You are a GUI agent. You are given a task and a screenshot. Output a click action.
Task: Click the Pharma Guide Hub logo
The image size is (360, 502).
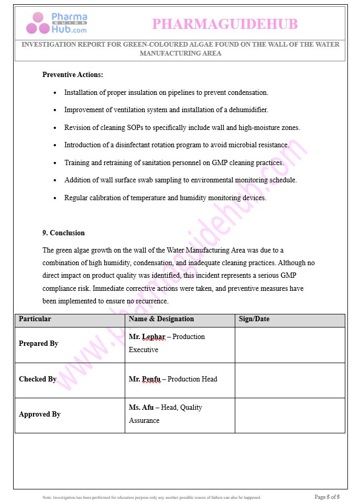pos(57,24)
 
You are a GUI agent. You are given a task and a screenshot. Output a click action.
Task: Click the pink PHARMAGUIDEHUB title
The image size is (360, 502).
pos(225,24)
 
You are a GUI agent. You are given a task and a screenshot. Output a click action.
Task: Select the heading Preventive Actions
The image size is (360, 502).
pos(72,75)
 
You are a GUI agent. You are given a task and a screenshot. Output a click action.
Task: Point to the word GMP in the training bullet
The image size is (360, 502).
pos(220,163)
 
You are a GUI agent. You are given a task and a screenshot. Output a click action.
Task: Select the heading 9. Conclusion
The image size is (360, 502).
pos(63,233)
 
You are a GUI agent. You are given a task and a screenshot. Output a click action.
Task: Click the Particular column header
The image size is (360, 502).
pos(35,319)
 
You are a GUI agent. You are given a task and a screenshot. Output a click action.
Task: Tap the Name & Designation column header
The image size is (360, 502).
pos(161,319)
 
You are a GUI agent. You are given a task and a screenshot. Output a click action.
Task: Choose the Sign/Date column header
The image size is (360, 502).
pos(254,319)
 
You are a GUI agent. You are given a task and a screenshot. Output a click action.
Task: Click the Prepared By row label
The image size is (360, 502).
pos(38,344)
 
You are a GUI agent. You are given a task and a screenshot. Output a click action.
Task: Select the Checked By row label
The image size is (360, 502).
pos(38,379)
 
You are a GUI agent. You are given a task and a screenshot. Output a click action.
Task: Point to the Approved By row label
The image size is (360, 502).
pos(40,414)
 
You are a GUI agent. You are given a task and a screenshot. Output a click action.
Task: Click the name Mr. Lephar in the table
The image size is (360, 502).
pos(147,337)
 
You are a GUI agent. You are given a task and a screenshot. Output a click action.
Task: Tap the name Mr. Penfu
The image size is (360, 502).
pos(145,379)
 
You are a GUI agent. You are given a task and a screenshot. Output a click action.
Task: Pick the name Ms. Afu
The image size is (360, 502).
pos(141,408)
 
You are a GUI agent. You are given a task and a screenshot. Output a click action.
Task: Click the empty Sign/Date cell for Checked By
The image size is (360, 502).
pos(289,380)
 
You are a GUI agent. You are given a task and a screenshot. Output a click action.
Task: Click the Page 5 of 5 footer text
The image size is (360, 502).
pos(327,497)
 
